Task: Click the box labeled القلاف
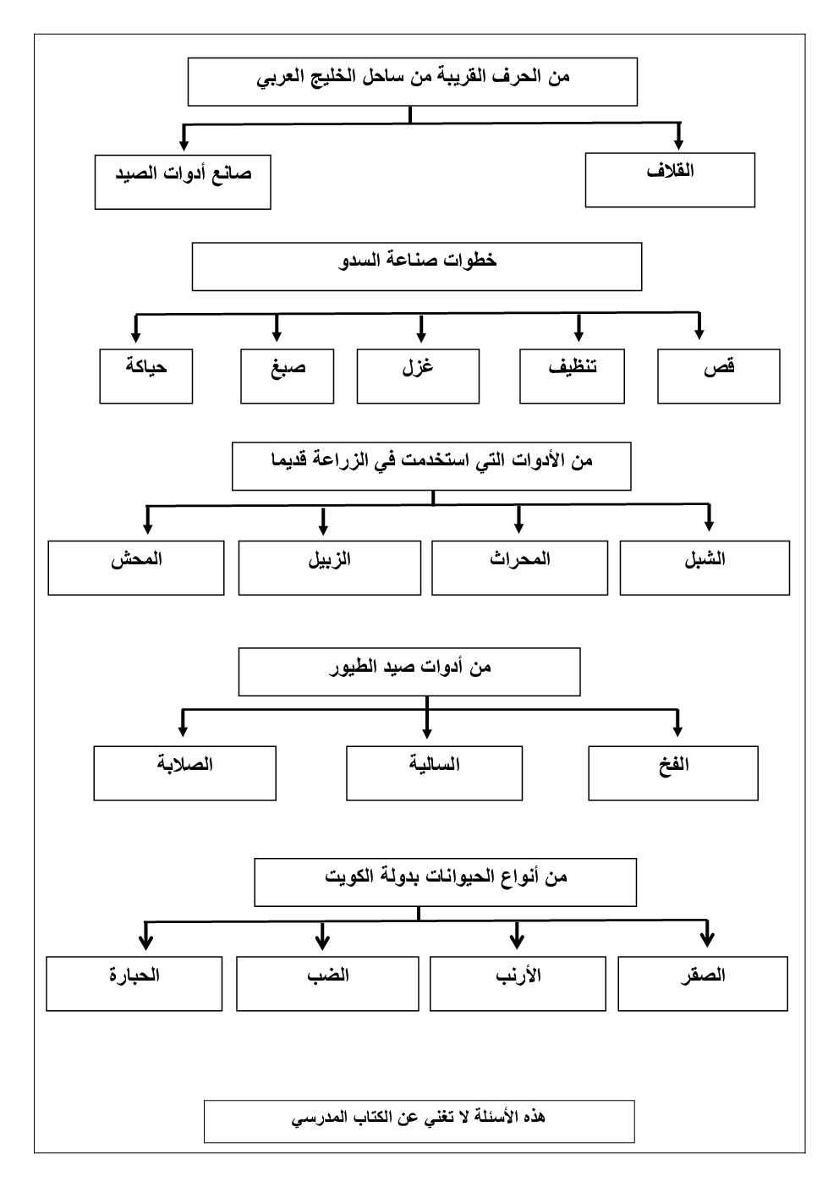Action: click(x=670, y=179)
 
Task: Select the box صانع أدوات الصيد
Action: click(x=183, y=182)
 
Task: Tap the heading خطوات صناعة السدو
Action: click(x=417, y=267)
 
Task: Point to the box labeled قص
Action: click(x=718, y=376)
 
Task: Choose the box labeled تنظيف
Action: click(x=572, y=376)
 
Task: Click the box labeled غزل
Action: click(x=418, y=376)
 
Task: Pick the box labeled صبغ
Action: click(x=287, y=376)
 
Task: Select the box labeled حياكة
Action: click(x=146, y=376)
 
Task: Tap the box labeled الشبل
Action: click(x=705, y=568)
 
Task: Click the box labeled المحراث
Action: click(x=519, y=568)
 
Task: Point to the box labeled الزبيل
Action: click(x=329, y=568)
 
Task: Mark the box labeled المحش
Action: click(x=136, y=568)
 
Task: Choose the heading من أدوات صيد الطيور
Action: click(x=409, y=672)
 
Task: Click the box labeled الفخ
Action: click(x=673, y=772)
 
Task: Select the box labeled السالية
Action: click(x=434, y=772)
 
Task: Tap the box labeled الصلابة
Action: click(x=184, y=772)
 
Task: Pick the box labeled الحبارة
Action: click(x=134, y=983)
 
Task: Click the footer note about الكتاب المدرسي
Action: click(x=419, y=1121)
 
